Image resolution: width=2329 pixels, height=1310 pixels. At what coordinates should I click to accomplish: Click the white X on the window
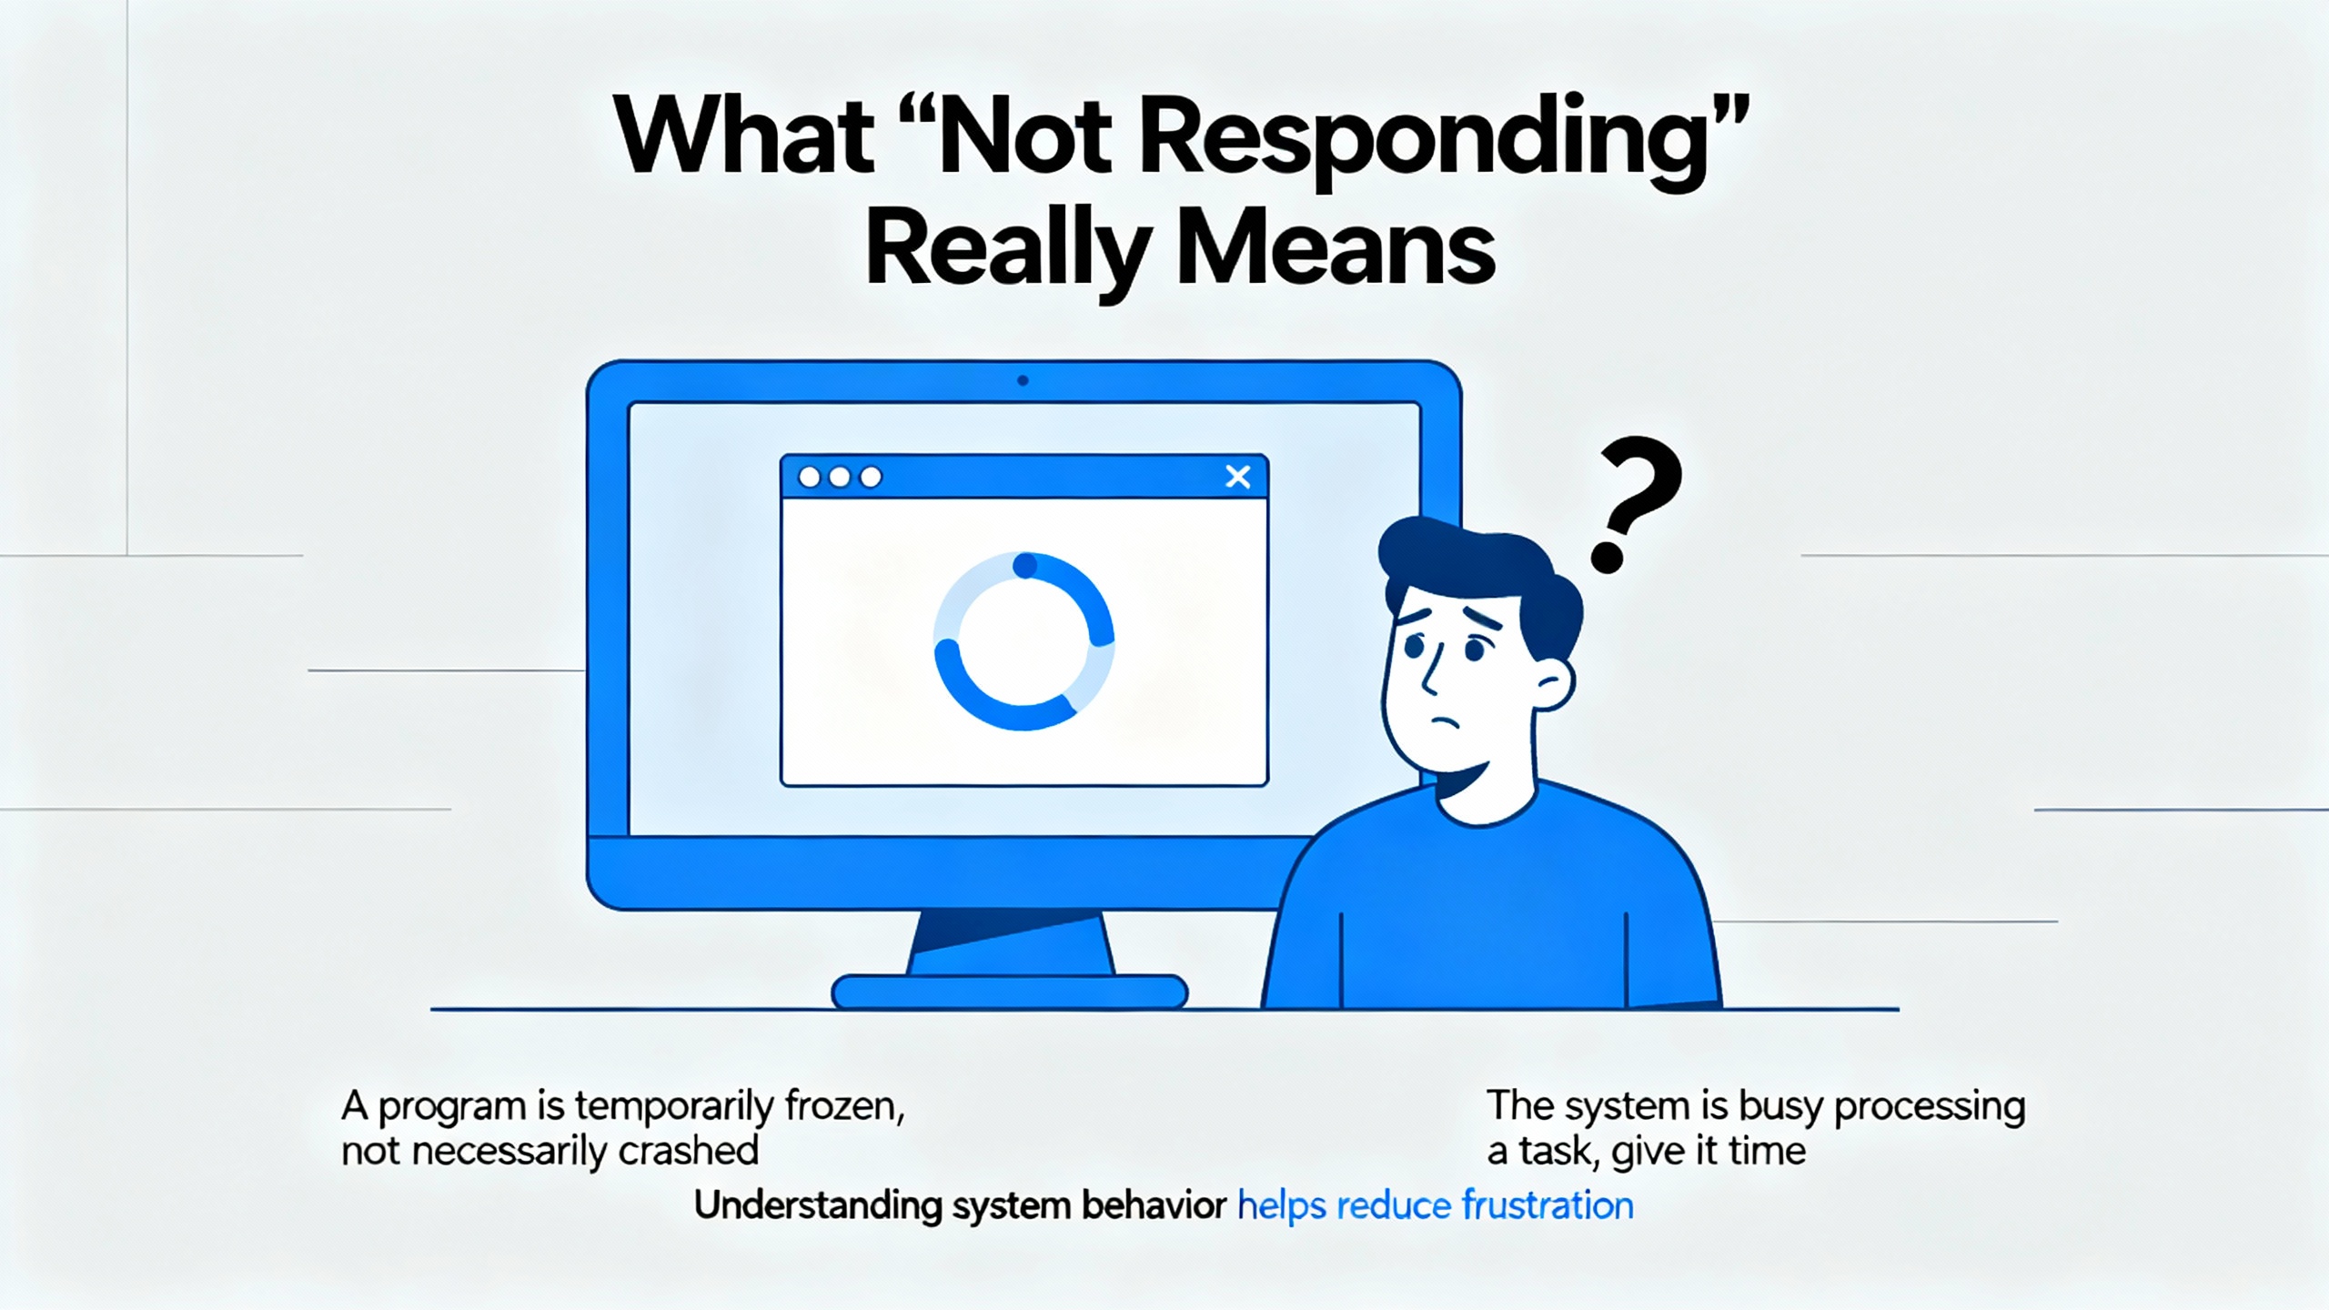pos(1238,477)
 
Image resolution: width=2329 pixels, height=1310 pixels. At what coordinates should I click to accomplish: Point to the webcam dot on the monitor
pos(1023,380)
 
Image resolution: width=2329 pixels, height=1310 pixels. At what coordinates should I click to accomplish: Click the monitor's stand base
pos(1010,992)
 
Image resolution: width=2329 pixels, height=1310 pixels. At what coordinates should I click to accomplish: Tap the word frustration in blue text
pos(1548,1206)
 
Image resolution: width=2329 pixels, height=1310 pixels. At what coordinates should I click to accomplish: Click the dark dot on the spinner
pos(1025,566)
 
